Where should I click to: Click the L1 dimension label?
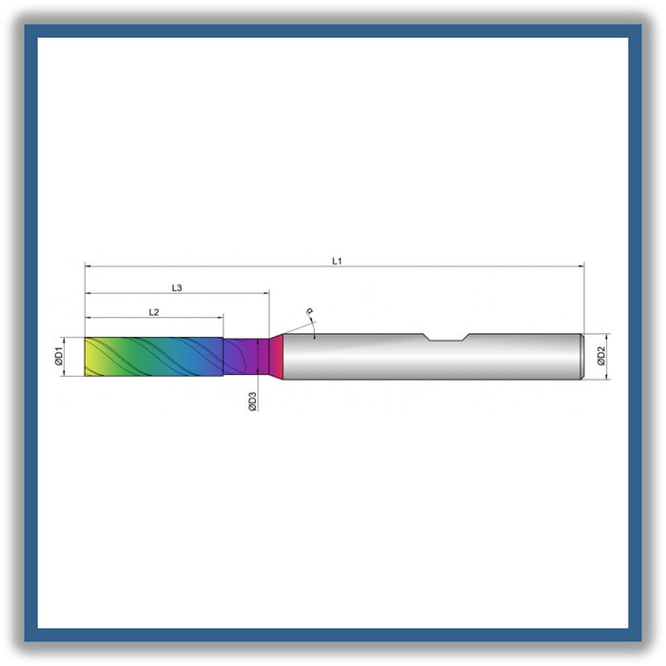337,262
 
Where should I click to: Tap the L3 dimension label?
177,288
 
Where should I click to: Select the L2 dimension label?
154,312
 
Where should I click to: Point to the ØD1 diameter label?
58,357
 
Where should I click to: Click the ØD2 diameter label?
601,356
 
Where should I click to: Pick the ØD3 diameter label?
252,402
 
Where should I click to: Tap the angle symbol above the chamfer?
310,310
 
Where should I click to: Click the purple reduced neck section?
246,357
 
